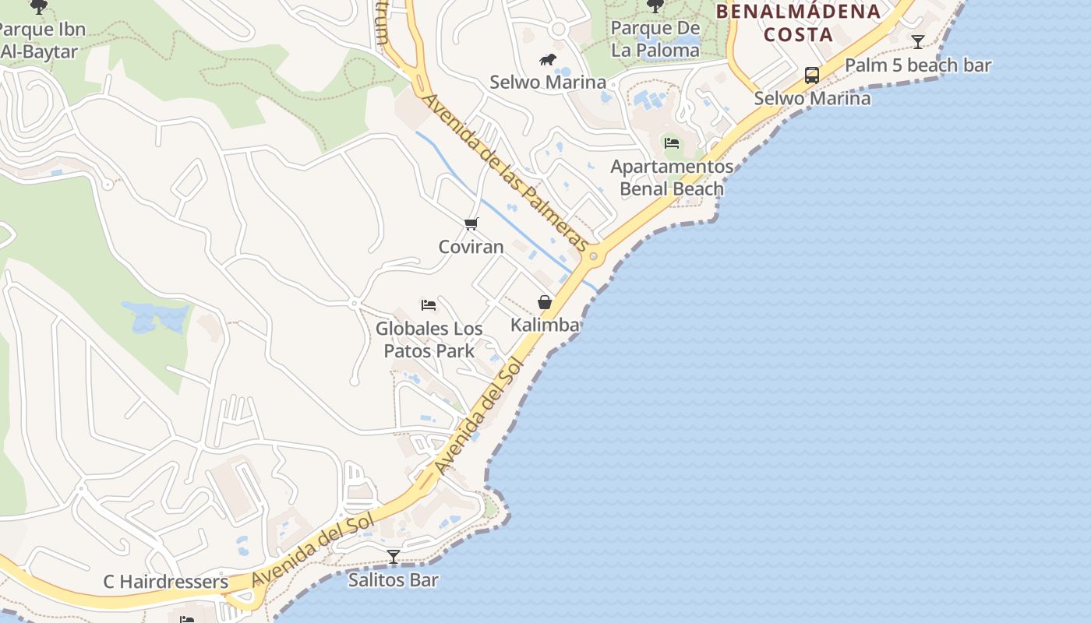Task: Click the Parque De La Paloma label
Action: click(655, 39)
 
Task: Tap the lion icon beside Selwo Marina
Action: click(548, 60)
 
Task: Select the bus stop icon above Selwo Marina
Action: click(811, 76)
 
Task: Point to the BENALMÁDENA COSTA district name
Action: click(798, 23)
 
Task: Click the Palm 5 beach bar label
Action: click(918, 65)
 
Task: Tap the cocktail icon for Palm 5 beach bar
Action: click(918, 42)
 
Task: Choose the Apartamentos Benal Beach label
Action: click(672, 178)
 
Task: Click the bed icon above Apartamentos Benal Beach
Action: click(672, 143)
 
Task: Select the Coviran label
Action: click(471, 247)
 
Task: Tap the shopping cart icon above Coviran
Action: click(471, 224)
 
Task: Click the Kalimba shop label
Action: click(545, 325)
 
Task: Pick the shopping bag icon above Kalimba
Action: click(545, 302)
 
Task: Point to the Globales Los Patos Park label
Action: click(429, 340)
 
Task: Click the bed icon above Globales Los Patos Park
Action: click(429, 304)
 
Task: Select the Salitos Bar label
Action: click(394, 580)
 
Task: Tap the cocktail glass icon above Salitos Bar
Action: click(394, 557)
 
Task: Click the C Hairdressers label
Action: click(166, 582)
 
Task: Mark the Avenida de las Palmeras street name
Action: click(505, 173)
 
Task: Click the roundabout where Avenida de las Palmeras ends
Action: click(594, 256)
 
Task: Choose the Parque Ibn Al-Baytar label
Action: click(41, 41)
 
